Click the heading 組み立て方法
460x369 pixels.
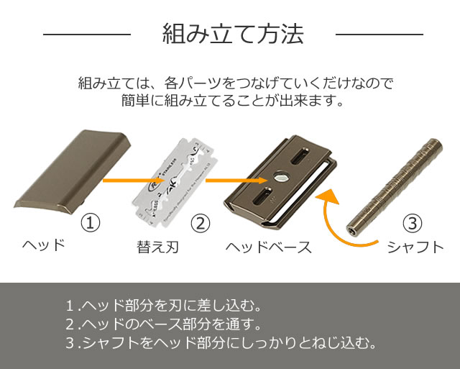tap(232, 35)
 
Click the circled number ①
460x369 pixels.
tap(90, 222)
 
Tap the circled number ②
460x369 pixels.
tap(201, 222)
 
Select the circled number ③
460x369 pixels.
tap(411, 222)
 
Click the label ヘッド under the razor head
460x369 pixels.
tap(43, 245)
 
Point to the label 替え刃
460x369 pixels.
tap(157, 247)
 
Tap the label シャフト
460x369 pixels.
tap(415, 247)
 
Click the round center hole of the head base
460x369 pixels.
tap(280, 175)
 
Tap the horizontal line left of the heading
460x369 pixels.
tap(86, 35)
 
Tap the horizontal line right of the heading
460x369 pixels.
tap(379, 35)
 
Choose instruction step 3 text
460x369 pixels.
tap(220, 342)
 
